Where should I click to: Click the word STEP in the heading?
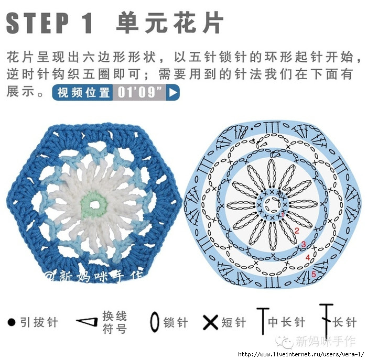[x=38, y=23]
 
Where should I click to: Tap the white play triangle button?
[x=172, y=92]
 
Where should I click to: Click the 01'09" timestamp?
[x=139, y=92]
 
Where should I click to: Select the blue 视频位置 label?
[x=83, y=92]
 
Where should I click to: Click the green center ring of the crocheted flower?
[x=94, y=205]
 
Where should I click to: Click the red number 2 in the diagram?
[x=297, y=231]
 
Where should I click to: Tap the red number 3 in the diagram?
[x=304, y=244]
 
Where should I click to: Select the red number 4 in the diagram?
[x=308, y=257]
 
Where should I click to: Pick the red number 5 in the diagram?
[x=314, y=274]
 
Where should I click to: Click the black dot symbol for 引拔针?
[x=12, y=322]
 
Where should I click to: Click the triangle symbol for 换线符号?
[x=87, y=322]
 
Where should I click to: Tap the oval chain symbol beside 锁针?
[x=155, y=322]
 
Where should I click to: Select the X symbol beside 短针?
[x=211, y=322]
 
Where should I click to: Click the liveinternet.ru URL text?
[x=301, y=354]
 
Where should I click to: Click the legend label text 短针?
[x=234, y=322]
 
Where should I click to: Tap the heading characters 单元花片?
[x=170, y=23]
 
